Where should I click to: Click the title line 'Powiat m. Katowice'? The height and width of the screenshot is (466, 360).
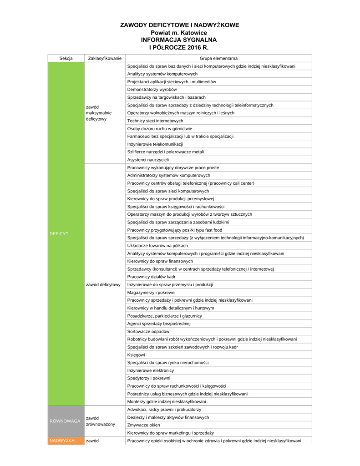click(179, 33)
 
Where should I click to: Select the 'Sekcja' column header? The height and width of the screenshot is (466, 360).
click(66, 58)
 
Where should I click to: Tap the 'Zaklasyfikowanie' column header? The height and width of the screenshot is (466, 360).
click(105, 58)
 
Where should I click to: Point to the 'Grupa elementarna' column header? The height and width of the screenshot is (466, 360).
click(218, 58)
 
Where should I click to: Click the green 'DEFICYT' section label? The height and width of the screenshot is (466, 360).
click(59, 233)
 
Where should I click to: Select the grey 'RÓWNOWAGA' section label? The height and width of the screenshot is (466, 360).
click(65, 421)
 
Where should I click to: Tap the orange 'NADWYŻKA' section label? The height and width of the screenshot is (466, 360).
click(62, 441)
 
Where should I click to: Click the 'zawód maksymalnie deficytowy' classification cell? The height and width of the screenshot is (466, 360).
click(98, 113)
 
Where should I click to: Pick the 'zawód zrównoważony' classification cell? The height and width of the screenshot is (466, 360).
click(100, 421)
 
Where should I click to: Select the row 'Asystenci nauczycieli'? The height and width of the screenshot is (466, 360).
click(148, 160)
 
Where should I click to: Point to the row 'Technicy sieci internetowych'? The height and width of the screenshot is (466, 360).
click(155, 121)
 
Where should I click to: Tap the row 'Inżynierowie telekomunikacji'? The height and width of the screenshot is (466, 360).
click(155, 144)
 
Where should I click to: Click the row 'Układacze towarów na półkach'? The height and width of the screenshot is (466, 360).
click(157, 245)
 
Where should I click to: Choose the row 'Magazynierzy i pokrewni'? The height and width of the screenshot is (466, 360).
click(151, 292)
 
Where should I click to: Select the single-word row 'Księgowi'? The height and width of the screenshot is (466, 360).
click(136, 355)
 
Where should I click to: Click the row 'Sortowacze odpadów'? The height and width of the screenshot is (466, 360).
click(148, 331)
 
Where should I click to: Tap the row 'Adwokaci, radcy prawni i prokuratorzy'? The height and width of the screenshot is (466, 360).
click(164, 410)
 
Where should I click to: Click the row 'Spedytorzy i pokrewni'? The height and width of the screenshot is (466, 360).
click(149, 378)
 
